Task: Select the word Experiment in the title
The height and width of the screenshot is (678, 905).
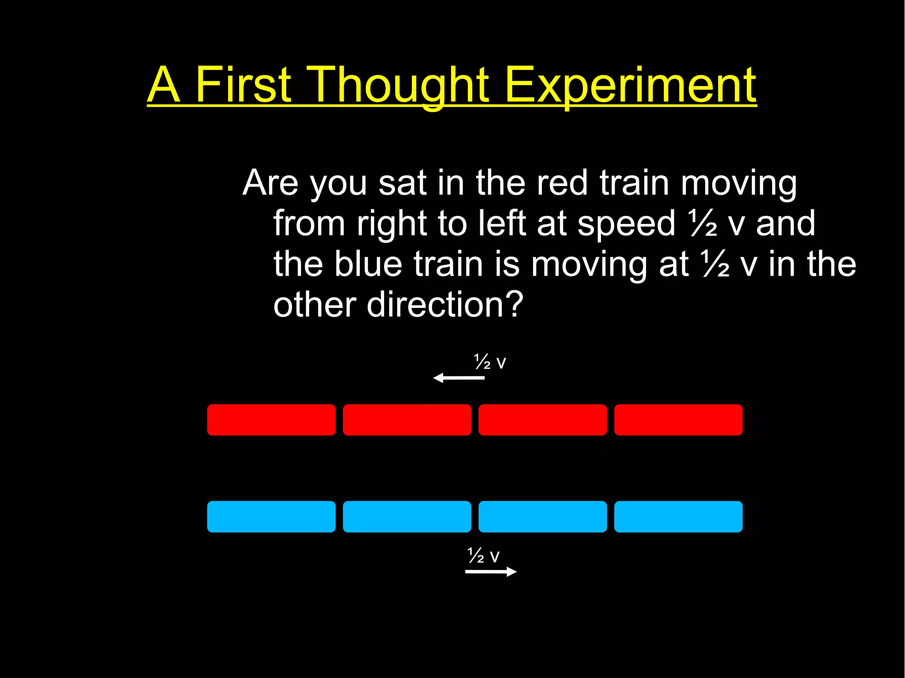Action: [x=630, y=85]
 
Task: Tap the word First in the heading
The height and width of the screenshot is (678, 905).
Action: [x=243, y=85]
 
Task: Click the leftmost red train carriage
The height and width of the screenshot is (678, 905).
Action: [x=271, y=420]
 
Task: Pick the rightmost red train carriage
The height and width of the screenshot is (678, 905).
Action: [x=678, y=420]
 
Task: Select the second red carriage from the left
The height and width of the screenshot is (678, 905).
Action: [x=407, y=420]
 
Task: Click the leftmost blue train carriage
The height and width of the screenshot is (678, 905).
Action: [x=271, y=516]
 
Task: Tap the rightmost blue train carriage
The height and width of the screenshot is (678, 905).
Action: [x=678, y=516]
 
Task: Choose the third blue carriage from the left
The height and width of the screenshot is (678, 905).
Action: [x=543, y=516]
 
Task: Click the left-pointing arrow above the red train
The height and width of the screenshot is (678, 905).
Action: [x=459, y=378]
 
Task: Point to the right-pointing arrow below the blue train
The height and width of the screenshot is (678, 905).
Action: [x=491, y=572]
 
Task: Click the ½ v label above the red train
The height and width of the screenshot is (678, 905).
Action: [x=490, y=362]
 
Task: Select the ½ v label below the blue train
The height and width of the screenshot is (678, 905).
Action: [x=483, y=556]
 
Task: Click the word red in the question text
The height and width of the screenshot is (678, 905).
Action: [x=562, y=183]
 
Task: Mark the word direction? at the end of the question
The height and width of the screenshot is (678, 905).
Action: [x=445, y=305]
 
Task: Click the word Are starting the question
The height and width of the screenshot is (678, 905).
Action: [x=270, y=183]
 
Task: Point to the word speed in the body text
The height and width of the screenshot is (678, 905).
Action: [x=626, y=223]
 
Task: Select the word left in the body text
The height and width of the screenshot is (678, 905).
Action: [x=502, y=223]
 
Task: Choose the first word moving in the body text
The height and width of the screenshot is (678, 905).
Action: [x=738, y=183]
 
